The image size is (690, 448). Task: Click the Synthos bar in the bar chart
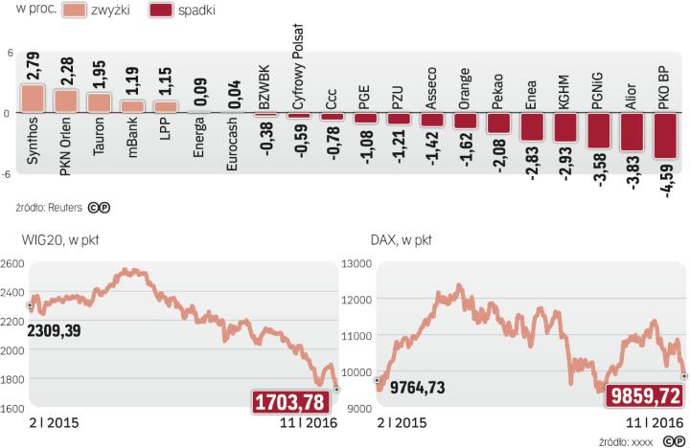[x=33, y=99]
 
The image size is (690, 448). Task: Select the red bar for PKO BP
[x=668, y=136]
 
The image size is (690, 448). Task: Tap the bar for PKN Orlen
[x=66, y=101]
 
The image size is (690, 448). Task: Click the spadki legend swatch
[x=172, y=11]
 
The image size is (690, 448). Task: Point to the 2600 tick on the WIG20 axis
[x=12, y=263]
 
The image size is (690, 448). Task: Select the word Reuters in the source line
[x=64, y=206]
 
